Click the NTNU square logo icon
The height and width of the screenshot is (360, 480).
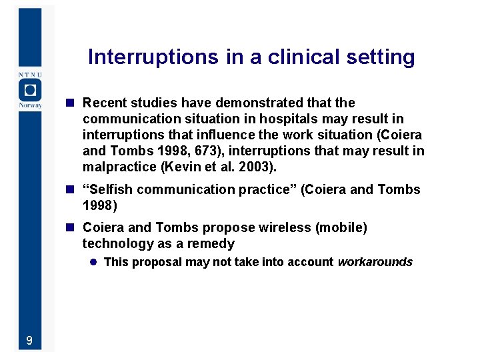click(x=29, y=90)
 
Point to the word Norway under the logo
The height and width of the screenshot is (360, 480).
click(x=29, y=105)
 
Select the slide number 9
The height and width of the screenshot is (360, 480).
click(x=29, y=341)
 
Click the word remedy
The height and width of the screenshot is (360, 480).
click(x=211, y=243)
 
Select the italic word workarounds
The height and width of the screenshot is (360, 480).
click(x=375, y=262)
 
